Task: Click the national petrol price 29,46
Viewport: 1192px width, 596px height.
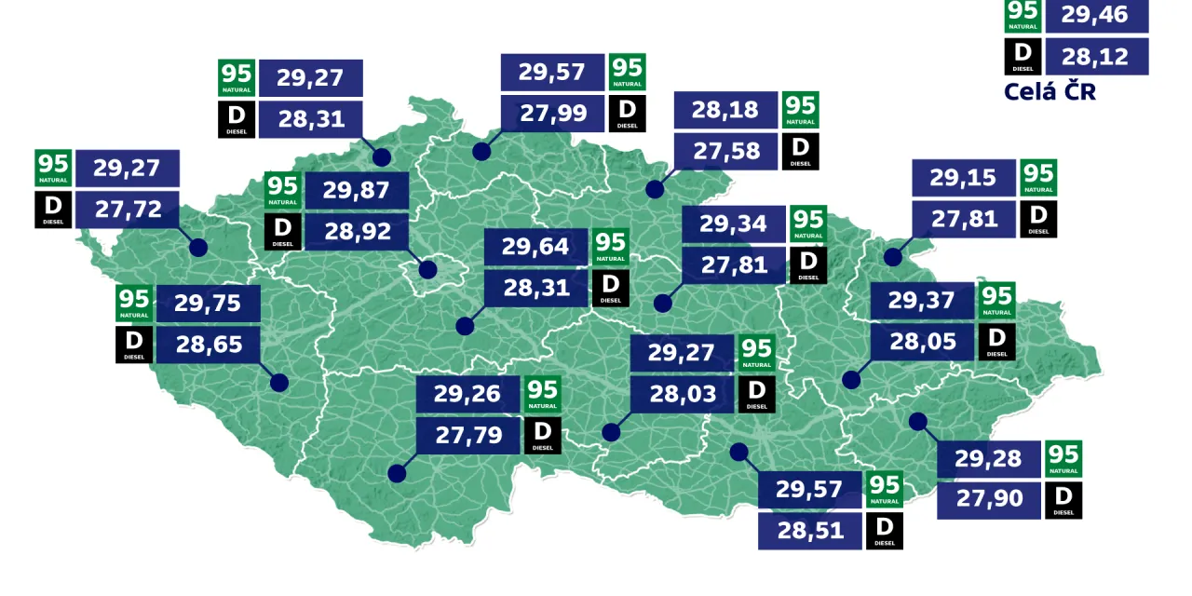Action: tap(1096, 15)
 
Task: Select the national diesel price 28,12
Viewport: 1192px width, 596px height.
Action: tap(1096, 57)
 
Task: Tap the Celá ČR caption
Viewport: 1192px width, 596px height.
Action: tap(1050, 91)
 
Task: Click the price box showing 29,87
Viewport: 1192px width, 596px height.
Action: tap(357, 190)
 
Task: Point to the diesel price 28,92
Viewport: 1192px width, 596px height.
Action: tap(357, 231)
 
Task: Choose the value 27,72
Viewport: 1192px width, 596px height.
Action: tap(128, 210)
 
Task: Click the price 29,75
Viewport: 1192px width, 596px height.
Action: tap(208, 304)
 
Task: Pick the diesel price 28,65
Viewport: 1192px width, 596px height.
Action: tap(208, 345)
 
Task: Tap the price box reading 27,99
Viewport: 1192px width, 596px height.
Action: tap(553, 114)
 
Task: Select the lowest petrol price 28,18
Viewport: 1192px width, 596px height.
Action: tap(725, 110)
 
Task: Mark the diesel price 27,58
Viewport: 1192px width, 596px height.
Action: tap(725, 151)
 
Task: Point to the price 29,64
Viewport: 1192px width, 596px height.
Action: tap(535, 247)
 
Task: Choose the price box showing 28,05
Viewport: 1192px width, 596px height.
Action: tap(923, 342)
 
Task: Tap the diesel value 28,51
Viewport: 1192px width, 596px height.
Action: tap(809, 531)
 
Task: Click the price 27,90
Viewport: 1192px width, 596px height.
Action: tap(988, 499)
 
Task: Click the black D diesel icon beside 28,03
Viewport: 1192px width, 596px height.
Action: tap(756, 394)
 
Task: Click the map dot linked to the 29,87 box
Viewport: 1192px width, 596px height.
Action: tap(427, 270)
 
